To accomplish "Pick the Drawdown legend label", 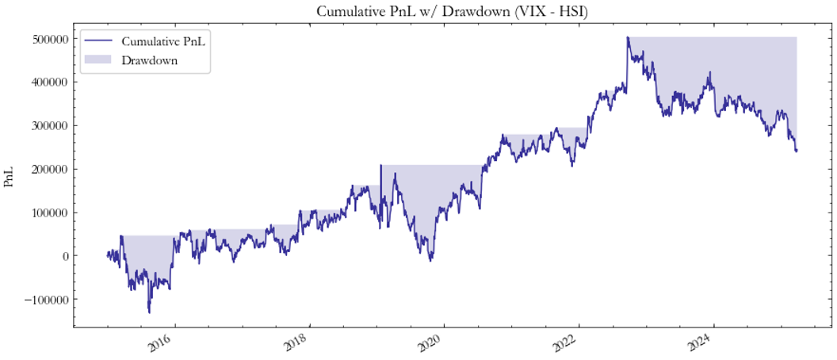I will point(149,60).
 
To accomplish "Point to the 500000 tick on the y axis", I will point(46,38).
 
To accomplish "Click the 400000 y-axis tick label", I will point(46,82).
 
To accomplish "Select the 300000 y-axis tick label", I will point(46,125).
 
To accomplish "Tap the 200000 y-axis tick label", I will point(46,169).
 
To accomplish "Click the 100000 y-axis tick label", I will point(46,213).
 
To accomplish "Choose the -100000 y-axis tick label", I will point(43,300).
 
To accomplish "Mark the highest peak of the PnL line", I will point(627,37).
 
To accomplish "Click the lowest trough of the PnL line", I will point(149,312).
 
